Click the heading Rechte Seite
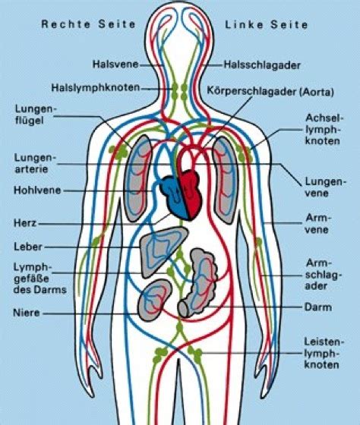[88, 24]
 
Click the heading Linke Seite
[267, 24]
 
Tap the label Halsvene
[115, 65]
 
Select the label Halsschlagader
[262, 65]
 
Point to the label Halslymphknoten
[96, 88]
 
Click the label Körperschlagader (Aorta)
[270, 92]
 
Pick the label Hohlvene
[37, 190]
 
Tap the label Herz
[25, 223]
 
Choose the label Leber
[28, 247]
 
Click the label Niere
[27, 313]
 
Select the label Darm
[318, 307]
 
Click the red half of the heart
[191, 194]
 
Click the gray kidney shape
[154, 300]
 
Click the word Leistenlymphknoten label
[324, 353]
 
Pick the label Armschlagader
[322, 274]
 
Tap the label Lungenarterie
[35, 163]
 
